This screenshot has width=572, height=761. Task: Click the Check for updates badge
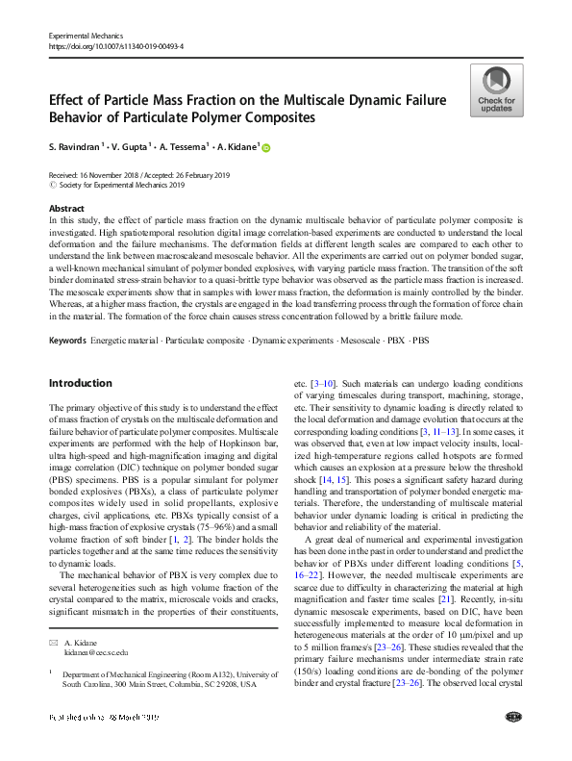tap(496, 91)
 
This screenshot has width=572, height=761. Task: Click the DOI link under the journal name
tap(115, 45)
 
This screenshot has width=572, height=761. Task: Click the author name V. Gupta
tap(134, 148)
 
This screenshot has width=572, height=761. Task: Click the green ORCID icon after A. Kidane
tap(266, 148)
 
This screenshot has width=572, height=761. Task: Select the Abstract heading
tap(65, 208)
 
